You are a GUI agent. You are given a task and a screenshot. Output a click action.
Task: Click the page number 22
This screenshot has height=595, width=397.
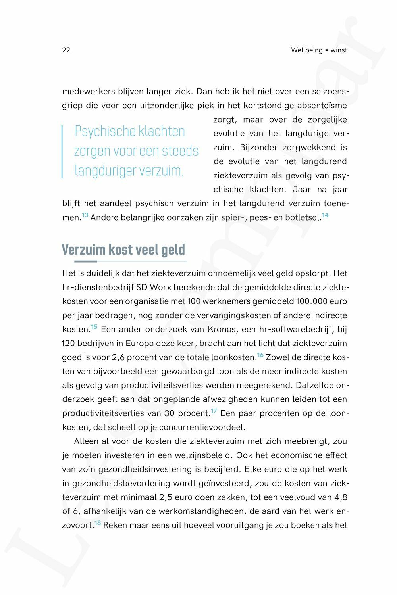tap(66, 50)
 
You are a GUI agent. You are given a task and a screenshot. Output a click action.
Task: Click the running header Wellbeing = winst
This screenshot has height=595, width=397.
tap(319, 50)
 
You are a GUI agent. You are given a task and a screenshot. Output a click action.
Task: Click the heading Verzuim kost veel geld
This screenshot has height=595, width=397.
tap(123, 250)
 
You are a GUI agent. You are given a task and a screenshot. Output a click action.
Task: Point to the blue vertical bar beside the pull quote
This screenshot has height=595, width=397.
tap(62, 152)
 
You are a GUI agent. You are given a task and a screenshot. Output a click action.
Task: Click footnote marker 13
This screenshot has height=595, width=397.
tap(85, 215)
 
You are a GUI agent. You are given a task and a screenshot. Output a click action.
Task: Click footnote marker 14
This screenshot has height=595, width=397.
tap(325, 215)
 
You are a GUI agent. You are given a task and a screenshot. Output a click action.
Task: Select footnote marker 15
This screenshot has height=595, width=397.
tap(94, 327)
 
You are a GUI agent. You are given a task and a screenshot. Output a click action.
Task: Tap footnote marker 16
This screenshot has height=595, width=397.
tap(260, 355)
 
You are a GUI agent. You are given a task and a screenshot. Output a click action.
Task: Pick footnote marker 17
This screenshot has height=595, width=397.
tap(214, 411)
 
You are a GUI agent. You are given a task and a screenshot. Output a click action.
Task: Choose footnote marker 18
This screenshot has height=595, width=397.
tap(98, 523)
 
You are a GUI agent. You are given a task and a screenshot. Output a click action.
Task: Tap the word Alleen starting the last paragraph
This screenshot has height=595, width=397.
tap(86, 441)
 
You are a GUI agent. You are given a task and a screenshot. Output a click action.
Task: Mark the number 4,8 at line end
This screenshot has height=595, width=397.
tap(341, 497)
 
